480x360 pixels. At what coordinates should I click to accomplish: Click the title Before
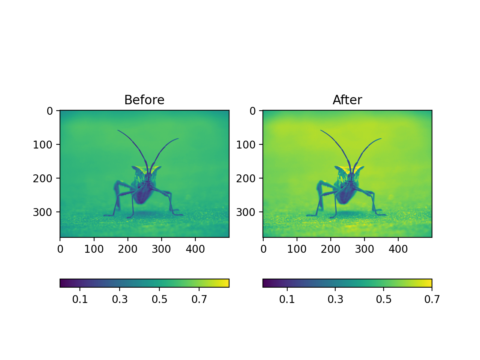[144, 100]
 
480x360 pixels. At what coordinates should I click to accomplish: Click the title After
[347, 100]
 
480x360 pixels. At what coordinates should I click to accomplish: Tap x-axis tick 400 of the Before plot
[195, 249]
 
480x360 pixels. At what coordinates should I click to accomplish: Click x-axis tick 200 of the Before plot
[128, 249]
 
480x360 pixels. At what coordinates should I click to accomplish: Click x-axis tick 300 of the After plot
[364, 249]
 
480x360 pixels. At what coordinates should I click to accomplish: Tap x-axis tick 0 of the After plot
[263, 249]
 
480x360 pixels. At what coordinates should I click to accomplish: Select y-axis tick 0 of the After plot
[252, 111]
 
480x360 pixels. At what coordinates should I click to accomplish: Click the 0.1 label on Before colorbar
[80, 299]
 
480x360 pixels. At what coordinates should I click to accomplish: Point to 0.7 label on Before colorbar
[199, 299]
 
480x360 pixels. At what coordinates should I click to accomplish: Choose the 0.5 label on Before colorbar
[159, 299]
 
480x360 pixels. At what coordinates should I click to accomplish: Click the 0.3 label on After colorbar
[335, 299]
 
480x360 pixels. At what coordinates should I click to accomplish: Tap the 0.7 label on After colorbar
[432, 299]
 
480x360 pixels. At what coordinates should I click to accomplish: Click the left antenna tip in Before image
[118, 130]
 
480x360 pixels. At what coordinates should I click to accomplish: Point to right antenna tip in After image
[381, 139]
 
